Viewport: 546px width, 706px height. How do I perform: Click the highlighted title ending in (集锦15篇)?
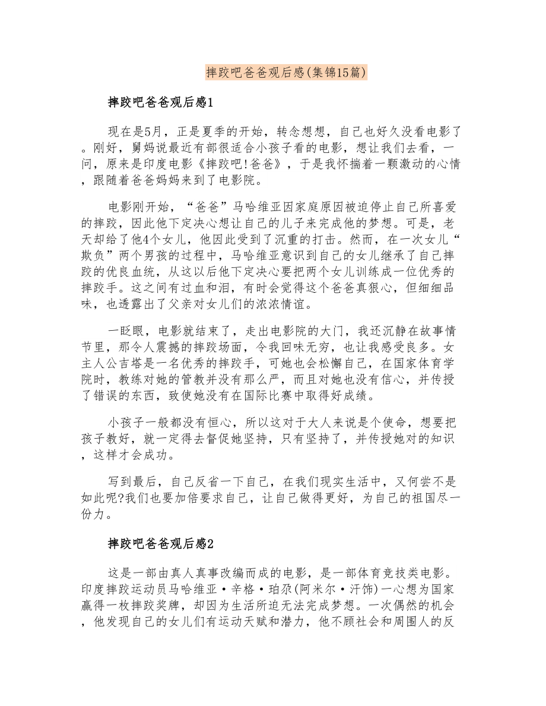[286, 72]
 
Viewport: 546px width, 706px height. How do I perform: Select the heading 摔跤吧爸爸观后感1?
[160, 102]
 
